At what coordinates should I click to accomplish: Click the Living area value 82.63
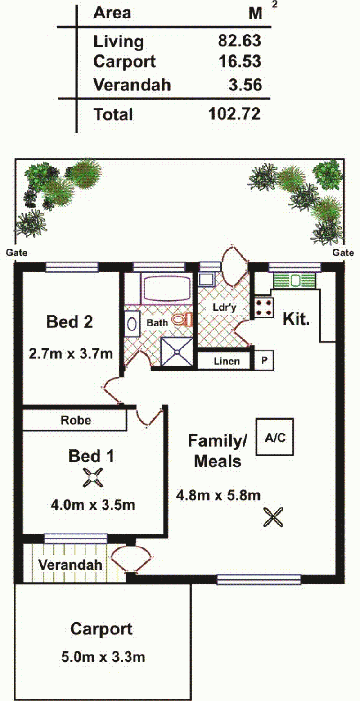coord(239,41)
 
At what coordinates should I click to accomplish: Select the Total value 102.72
coord(234,113)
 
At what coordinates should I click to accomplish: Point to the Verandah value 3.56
coord(245,85)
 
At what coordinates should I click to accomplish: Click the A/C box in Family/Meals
coord(275,437)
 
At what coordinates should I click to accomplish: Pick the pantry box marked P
coord(264,360)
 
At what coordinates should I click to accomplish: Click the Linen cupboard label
coord(227,362)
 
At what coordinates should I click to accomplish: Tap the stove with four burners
coord(264,308)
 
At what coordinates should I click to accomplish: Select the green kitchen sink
coord(295,280)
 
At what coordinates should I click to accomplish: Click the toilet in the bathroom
coord(182,320)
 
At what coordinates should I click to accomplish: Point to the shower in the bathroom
coord(177,352)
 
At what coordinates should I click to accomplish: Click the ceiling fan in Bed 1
coord(93,477)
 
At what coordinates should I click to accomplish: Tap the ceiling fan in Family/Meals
coord(273,517)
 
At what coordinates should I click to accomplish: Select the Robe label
coord(76,420)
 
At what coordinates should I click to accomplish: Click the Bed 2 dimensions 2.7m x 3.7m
coord(71,354)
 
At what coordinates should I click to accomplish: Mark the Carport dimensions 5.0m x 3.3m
coord(103,657)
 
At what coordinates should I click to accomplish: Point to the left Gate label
coord(17,253)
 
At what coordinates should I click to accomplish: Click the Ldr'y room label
coord(224,308)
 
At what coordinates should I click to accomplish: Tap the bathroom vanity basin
coord(132,324)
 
